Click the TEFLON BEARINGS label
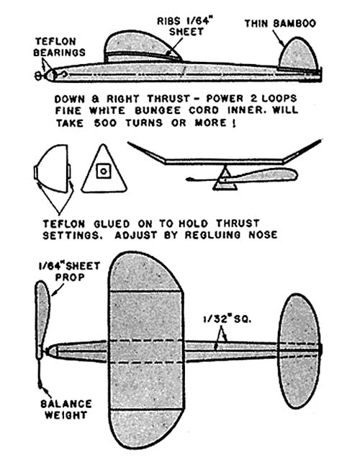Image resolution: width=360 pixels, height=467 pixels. point(59,47)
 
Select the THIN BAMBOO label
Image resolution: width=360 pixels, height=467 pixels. point(280,24)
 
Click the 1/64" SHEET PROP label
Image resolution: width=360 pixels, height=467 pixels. point(70,272)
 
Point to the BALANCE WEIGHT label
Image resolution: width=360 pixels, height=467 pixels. point(66,409)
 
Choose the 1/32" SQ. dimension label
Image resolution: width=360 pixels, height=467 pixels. point(228,319)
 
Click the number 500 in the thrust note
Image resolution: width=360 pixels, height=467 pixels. point(105,123)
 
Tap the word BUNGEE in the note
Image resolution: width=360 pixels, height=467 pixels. point(158,110)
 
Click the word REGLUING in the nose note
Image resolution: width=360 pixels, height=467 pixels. point(212,235)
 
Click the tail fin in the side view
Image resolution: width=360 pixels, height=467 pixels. point(298,54)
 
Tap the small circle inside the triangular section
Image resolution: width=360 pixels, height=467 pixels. point(104,172)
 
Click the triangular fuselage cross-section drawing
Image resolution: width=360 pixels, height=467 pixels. point(104,169)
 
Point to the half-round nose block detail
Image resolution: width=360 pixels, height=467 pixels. point(53,168)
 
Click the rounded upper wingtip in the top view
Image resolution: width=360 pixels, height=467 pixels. point(145,272)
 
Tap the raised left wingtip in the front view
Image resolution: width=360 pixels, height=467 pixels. point(146,152)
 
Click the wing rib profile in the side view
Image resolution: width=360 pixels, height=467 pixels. point(143,46)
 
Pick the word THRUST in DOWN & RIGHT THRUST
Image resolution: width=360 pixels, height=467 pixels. point(168,99)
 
